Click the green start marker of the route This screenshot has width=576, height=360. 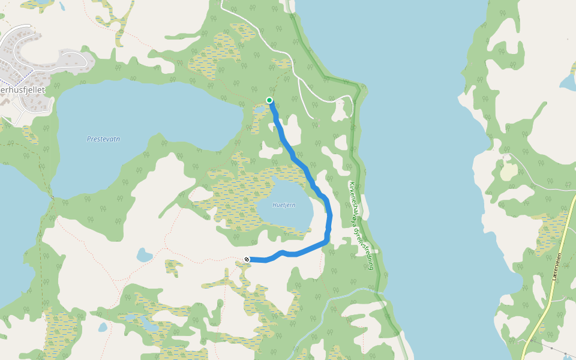pos(269,100)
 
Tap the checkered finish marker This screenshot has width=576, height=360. pos(247,259)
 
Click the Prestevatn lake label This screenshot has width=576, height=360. pos(104,139)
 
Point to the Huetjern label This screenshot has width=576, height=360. pos(284,205)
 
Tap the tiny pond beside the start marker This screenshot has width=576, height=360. pos(260,110)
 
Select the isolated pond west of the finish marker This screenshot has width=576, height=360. pos(145,256)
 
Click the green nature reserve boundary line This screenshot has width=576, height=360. pos(359,150)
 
